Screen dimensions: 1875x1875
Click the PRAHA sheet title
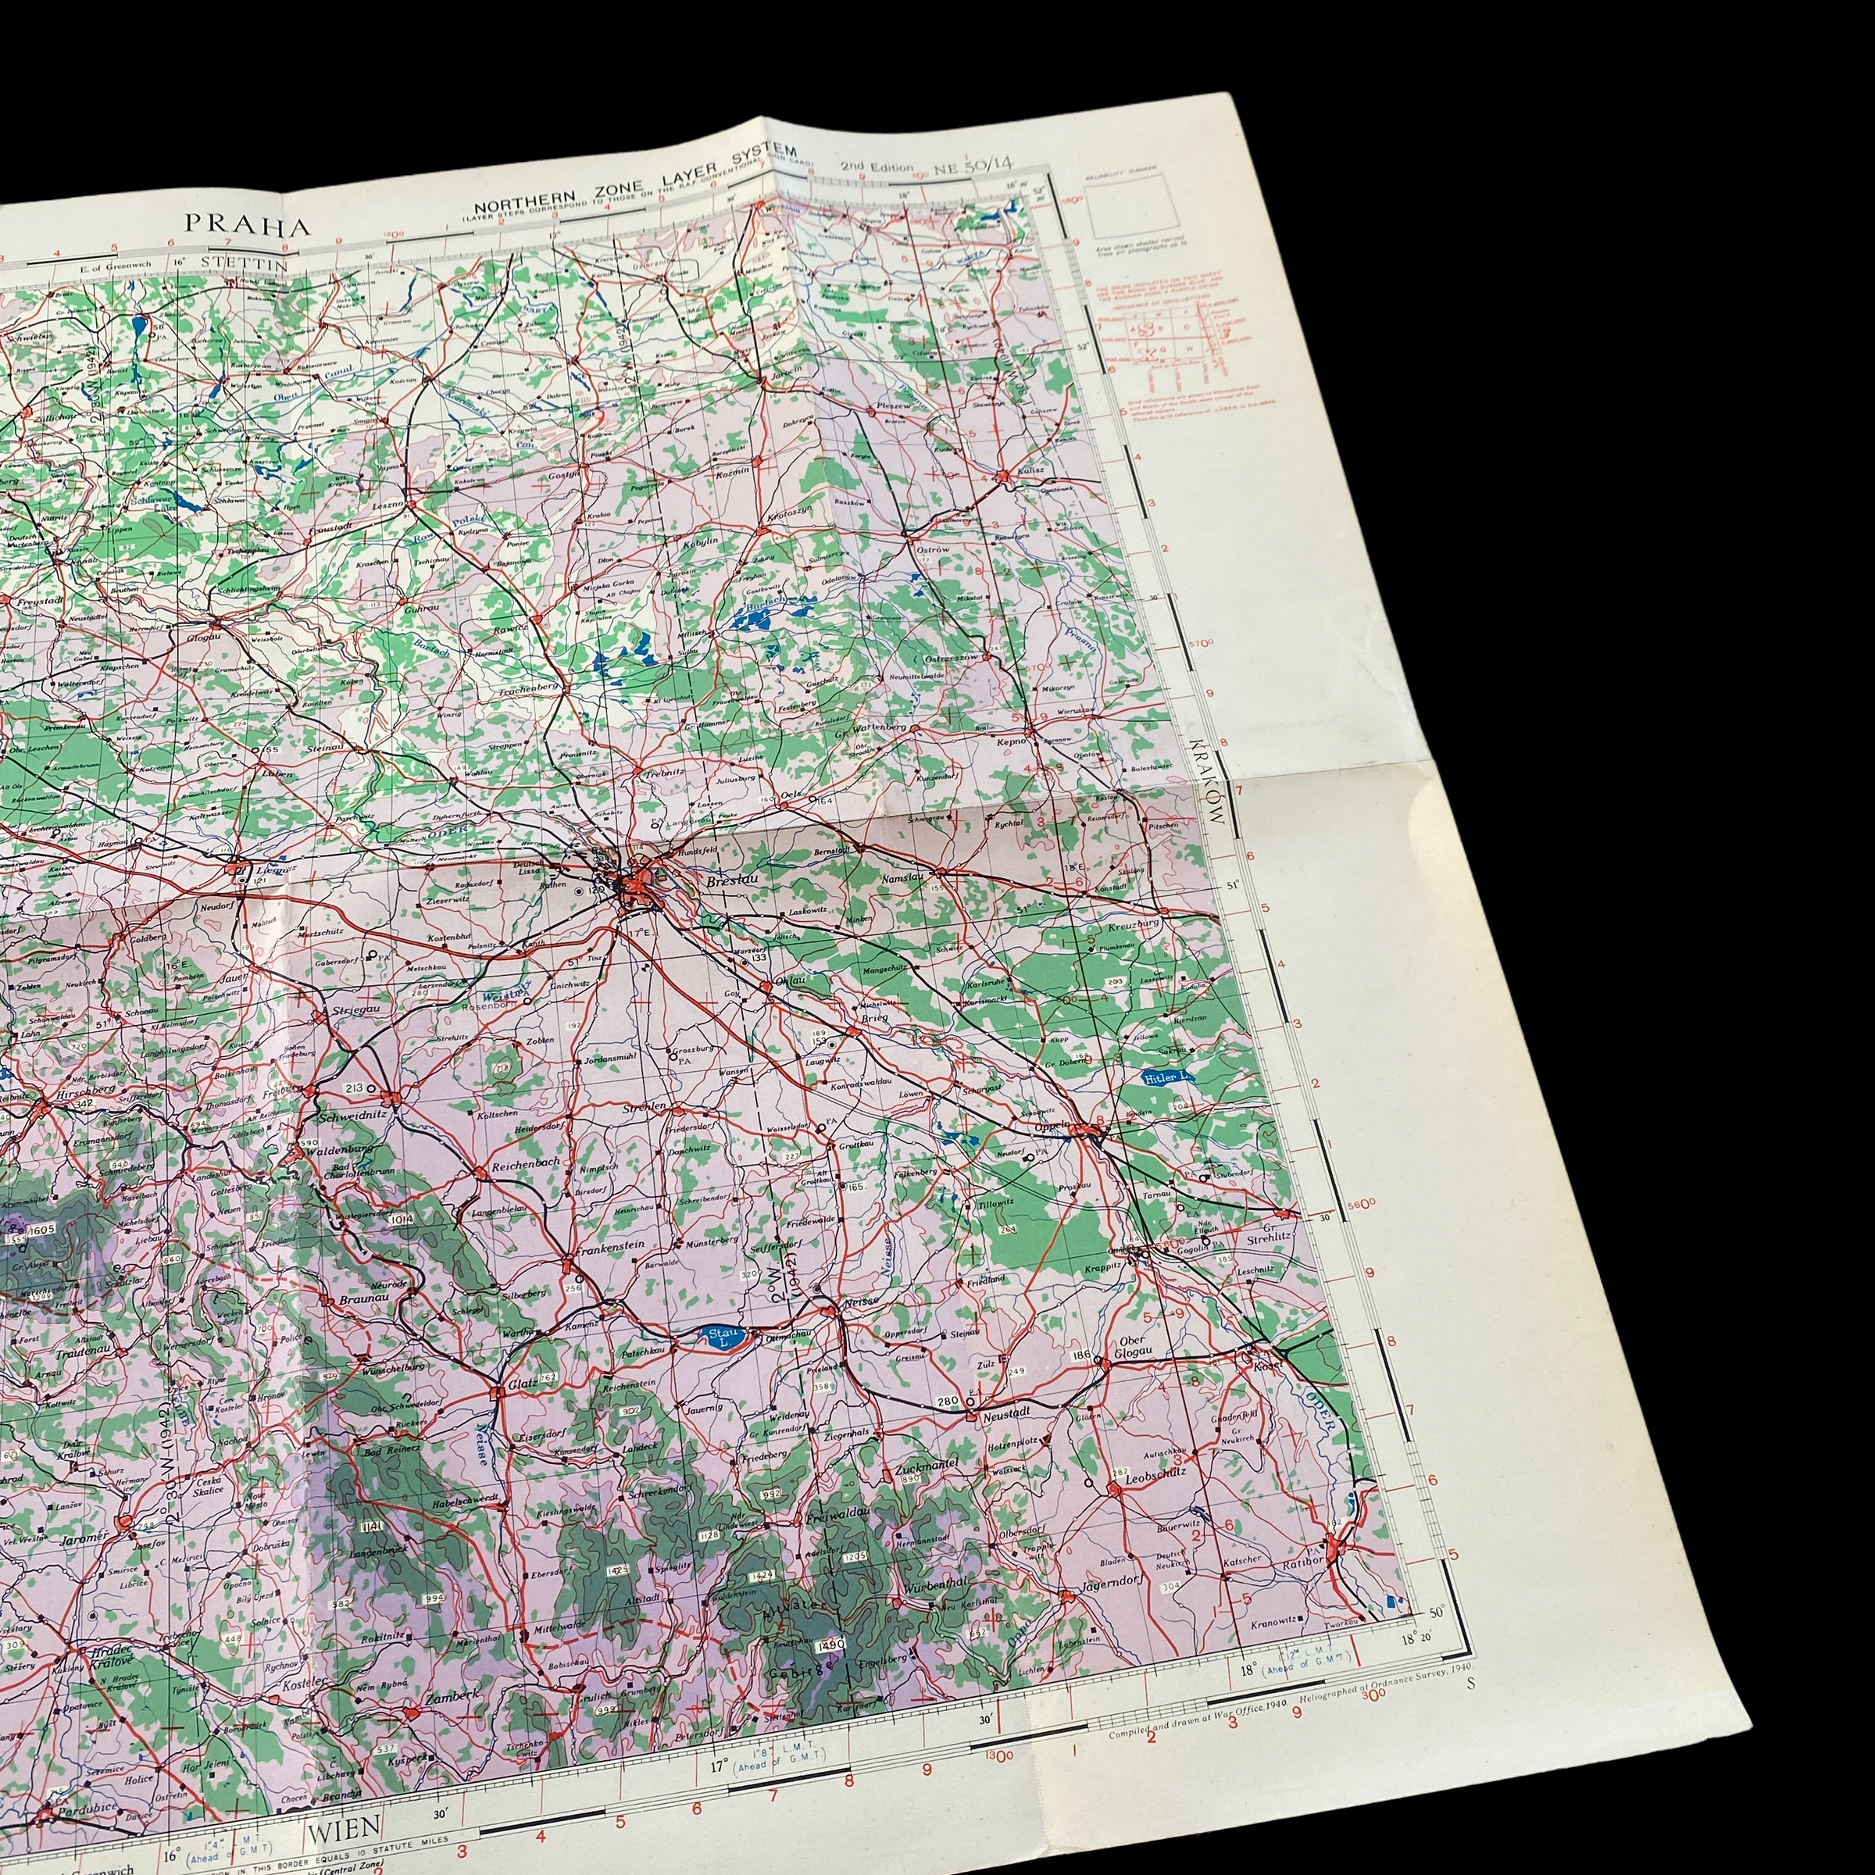coord(248,226)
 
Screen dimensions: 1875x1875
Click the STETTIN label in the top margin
coord(245,261)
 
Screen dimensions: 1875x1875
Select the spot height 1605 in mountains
coord(41,1229)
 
